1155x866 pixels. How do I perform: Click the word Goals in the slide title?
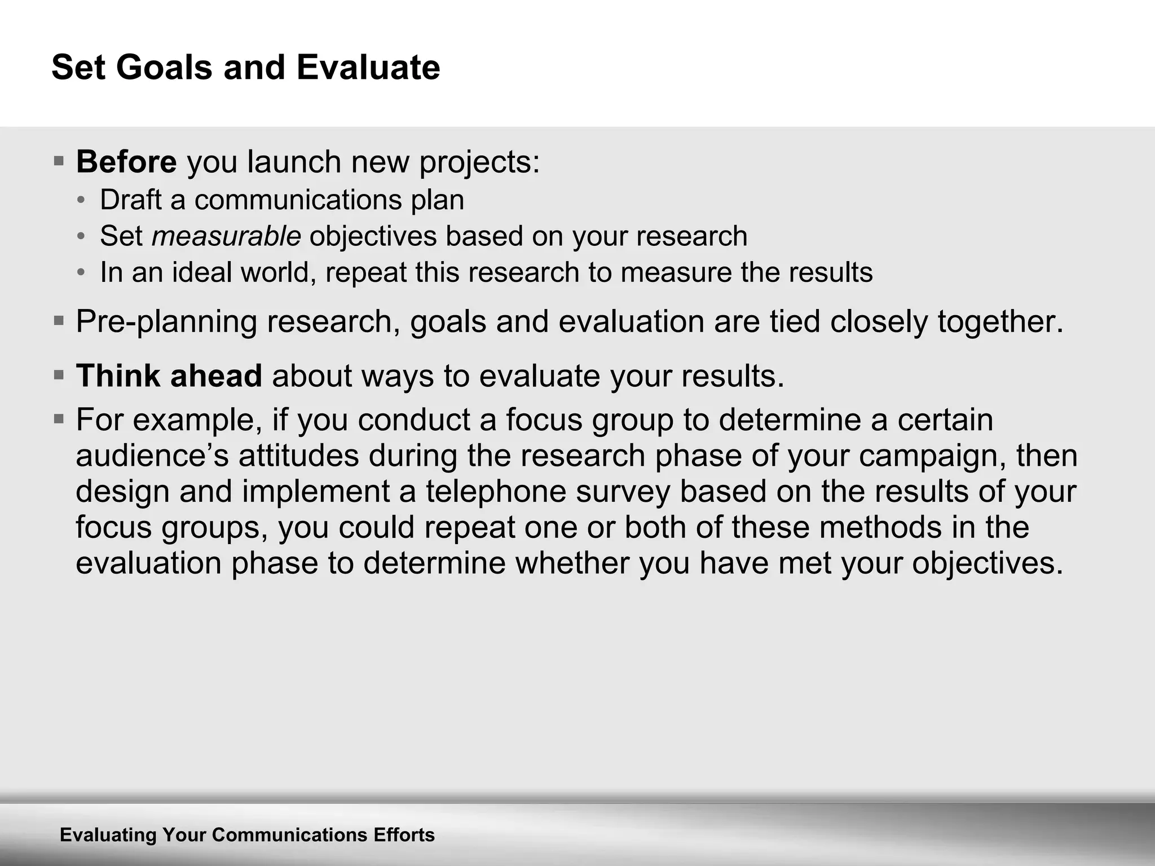[x=164, y=68]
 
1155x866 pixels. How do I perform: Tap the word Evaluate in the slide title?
[x=368, y=68]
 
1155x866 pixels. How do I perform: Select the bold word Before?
[x=126, y=162]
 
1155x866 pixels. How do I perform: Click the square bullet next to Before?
[x=59, y=161]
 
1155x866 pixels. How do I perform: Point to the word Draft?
[x=130, y=200]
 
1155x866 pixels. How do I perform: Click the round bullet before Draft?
[x=82, y=200]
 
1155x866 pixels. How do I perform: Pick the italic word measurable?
[x=226, y=236]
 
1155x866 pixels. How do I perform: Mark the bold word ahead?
[x=216, y=375]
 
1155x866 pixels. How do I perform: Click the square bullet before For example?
[x=59, y=419]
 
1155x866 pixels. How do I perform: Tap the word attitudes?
[x=298, y=456]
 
